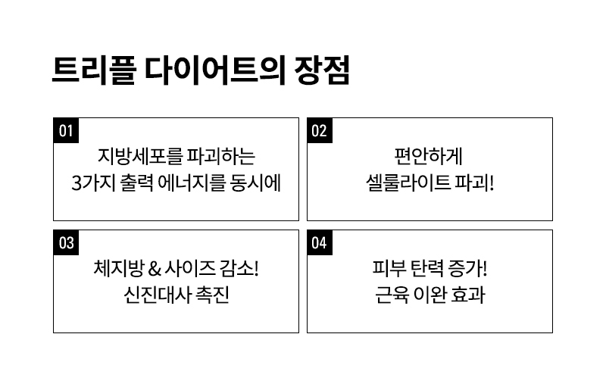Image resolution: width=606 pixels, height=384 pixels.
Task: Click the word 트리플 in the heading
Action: tap(94, 70)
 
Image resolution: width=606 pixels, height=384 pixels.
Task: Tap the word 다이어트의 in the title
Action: tap(215, 70)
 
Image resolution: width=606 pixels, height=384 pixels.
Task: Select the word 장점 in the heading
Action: tap(322, 70)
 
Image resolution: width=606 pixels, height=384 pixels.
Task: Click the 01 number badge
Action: tap(66, 130)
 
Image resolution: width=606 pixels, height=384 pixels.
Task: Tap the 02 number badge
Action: tap(320, 130)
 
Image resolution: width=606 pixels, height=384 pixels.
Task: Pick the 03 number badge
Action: tap(66, 242)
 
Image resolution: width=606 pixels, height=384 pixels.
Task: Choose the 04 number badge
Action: tap(320, 242)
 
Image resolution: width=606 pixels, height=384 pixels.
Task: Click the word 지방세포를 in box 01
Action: tap(140, 156)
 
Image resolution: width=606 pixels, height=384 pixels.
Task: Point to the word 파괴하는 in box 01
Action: tap(221, 156)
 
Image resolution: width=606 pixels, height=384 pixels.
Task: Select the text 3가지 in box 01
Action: tap(93, 183)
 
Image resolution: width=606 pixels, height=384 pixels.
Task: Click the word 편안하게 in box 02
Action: tap(428, 156)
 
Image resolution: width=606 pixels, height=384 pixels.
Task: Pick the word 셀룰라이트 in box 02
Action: tap(408, 183)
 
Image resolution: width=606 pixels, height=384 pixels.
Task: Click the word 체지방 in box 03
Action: tap(119, 268)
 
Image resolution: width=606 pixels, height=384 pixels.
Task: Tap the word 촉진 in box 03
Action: tap(213, 295)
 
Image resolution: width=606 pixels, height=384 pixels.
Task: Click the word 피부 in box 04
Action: tap(389, 268)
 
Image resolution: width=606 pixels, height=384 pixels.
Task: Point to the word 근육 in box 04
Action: tap(392, 295)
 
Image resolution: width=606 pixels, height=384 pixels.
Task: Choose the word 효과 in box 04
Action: tap(468, 295)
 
